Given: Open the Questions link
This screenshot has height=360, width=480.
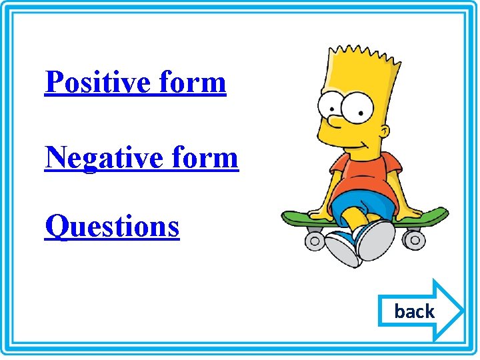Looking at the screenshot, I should point(112,226).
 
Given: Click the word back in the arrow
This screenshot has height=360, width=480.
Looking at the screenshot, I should point(414,311).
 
